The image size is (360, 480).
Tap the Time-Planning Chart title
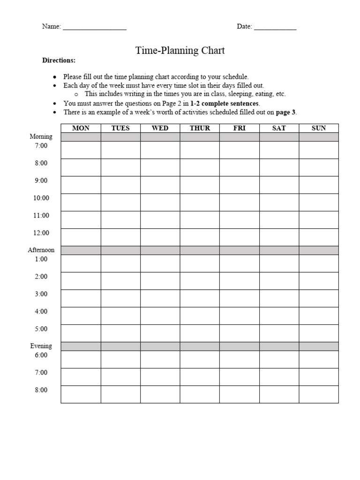point(180,50)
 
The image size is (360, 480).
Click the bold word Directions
point(59,60)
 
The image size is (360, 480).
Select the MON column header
point(81,128)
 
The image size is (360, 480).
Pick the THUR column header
point(200,128)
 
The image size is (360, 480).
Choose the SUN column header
point(319,128)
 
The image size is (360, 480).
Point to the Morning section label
point(41,137)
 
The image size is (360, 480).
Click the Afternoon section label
point(41,250)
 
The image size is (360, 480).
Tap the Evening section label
point(41,346)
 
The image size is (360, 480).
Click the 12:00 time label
point(41,233)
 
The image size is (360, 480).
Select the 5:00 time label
point(41,329)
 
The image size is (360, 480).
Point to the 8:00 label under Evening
point(41,390)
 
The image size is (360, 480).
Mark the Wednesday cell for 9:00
point(160,185)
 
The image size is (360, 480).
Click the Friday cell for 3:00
point(239,298)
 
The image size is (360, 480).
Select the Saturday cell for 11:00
point(279,219)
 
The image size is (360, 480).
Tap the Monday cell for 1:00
point(81,263)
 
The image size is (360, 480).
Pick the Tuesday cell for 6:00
point(120,359)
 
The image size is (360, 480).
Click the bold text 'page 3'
point(286,112)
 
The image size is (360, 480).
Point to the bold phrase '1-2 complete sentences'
point(225,104)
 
